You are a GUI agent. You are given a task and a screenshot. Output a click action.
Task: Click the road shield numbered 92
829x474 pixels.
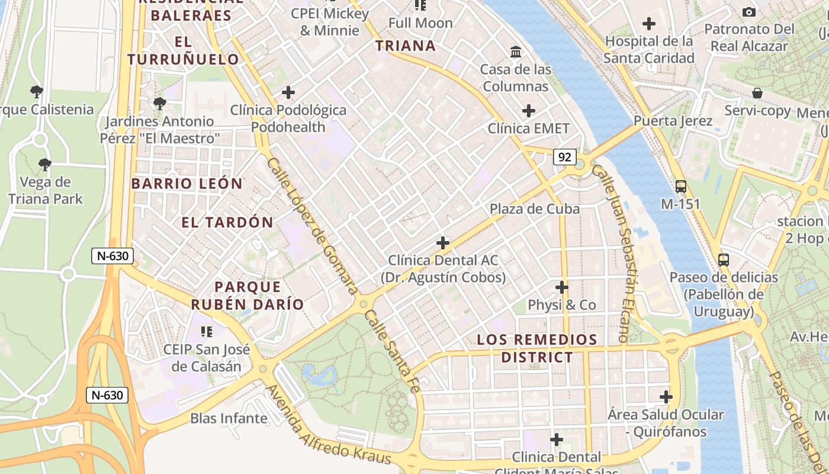[565, 157]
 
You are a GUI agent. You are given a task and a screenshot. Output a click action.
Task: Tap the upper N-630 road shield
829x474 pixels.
[112, 256]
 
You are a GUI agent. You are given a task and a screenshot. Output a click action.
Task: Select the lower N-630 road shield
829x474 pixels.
[107, 395]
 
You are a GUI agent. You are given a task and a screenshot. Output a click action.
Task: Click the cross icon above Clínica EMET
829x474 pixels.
[529, 111]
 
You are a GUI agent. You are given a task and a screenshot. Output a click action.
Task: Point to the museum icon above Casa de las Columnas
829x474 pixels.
[516, 52]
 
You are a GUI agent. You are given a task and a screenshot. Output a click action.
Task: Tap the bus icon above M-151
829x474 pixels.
[681, 187]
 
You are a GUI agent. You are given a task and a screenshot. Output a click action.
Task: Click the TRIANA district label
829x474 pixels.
[406, 46]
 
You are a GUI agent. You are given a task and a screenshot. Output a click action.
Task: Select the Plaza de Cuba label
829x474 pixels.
[534, 209]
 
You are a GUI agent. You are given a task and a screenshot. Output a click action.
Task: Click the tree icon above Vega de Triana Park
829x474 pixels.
[45, 165]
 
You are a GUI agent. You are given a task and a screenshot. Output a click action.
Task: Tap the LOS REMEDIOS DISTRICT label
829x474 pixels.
[537, 348]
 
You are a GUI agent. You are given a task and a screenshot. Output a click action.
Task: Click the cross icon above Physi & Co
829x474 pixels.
[561, 287]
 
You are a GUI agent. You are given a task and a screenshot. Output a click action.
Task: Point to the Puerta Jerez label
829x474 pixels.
[673, 121]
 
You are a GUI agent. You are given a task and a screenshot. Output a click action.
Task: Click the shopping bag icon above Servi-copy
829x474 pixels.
[757, 93]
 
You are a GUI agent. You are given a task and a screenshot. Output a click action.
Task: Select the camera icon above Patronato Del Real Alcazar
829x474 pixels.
[748, 12]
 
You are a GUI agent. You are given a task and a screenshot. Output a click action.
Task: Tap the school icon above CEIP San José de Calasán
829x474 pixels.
[206, 331]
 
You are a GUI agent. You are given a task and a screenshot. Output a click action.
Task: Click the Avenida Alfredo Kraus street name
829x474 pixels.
[329, 425]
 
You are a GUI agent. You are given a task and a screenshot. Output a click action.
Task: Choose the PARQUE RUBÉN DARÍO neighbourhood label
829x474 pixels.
[247, 296]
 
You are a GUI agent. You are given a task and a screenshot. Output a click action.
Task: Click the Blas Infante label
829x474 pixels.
[229, 418]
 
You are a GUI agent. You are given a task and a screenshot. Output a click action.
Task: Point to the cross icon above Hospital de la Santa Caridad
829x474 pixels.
[649, 24]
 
